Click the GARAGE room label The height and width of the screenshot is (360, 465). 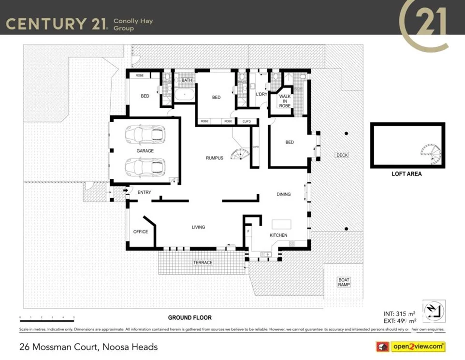(145, 151)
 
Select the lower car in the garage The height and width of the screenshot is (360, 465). (145, 167)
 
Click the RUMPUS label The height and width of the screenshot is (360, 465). (215, 158)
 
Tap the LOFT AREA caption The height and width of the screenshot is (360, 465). (407, 174)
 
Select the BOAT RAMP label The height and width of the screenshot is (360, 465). (344, 282)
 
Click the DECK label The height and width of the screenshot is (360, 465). (342, 155)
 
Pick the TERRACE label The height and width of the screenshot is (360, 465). (203, 262)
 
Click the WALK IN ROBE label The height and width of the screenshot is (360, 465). (285, 101)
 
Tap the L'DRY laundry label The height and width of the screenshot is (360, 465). (261, 94)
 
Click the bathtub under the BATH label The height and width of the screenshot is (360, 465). (184, 95)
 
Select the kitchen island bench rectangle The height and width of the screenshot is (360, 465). (282, 224)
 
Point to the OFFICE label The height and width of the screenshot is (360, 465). (141, 231)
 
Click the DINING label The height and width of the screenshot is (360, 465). (284, 194)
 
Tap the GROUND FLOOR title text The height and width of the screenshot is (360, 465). (189, 317)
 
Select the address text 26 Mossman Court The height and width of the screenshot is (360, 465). (88, 346)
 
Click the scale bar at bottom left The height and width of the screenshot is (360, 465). (47, 318)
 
